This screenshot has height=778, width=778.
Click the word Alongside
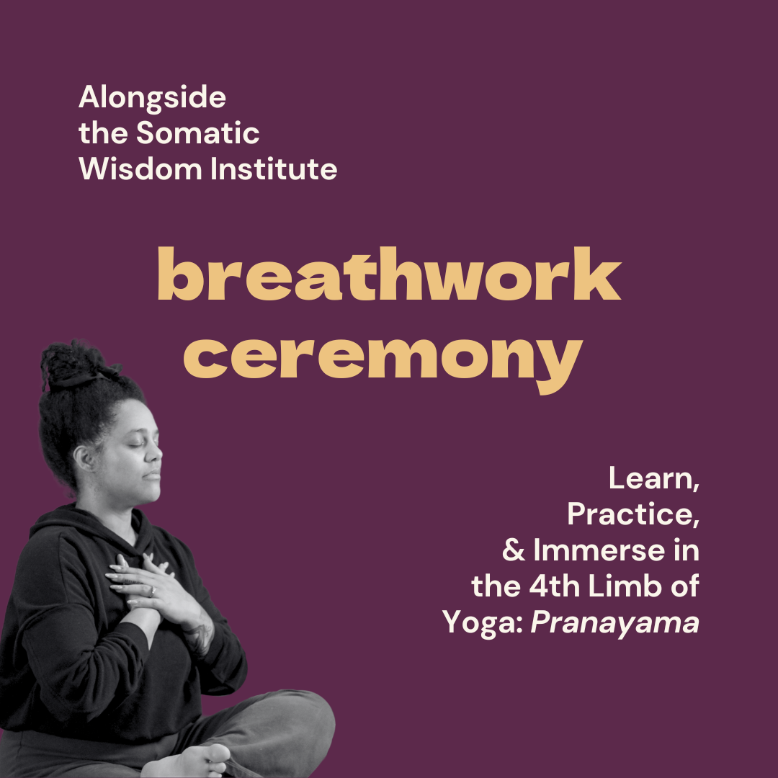[x=152, y=98]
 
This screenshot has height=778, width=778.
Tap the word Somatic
[x=197, y=133]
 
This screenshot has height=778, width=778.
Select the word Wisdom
[x=140, y=169]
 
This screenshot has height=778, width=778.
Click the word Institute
[x=274, y=169]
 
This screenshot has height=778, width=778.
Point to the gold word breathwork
[x=389, y=274]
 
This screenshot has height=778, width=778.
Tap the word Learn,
[x=654, y=479]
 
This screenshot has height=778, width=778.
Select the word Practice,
[x=634, y=514]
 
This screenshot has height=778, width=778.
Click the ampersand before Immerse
[x=514, y=551]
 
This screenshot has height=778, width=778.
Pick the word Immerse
[x=599, y=551]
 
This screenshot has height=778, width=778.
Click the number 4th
[x=554, y=586]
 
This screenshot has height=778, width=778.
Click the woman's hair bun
[x=74, y=365]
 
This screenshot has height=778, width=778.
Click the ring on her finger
[x=153, y=591]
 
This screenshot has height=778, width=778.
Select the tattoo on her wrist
[x=201, y=636]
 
